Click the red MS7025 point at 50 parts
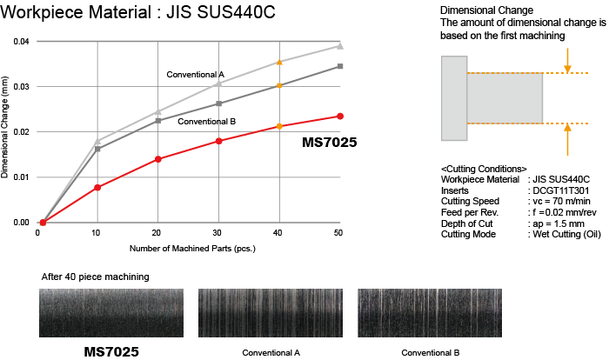pyautogui.click(x=340, y=116)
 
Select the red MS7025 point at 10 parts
pyautogui.click(x=97, y=187)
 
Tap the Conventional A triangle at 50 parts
pyautogui.click(x=340, y=46)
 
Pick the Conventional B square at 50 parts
pyautogui.click(x=340, y=66)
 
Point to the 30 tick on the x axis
pyautogui.click(x=218, y=234)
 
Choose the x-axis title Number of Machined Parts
pyautogui.click(x=192, y=249)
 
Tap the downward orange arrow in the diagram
pyautogui.click(x=566, y=60)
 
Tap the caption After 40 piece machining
pyautogui.click(x=95, y=277)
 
